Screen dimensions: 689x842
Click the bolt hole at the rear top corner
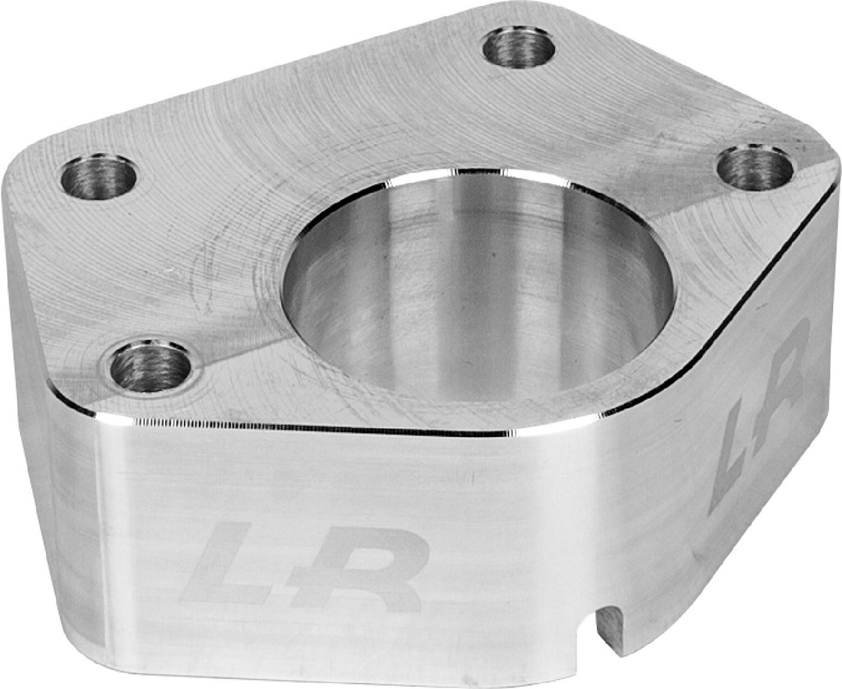520,48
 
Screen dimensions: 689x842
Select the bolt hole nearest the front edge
150,366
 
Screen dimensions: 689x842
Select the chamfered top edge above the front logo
312,428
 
